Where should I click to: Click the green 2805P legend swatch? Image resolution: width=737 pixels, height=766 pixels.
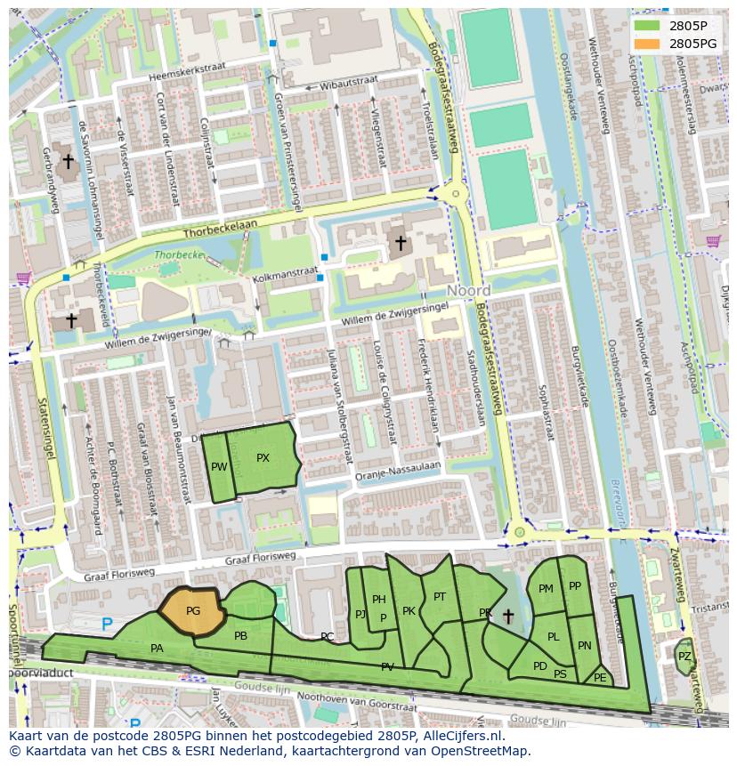pos(645,26)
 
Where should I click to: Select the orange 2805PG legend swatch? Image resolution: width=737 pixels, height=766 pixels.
pos(645,43)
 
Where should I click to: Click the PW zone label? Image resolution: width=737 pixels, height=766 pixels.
pos(219,466)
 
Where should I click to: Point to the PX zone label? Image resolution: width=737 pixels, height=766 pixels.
pos(263,458)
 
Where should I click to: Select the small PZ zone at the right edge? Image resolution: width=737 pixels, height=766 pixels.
pos(684,657)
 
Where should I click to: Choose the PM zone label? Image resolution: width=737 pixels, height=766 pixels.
pos(546,589)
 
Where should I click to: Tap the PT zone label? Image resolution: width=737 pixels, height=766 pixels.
pos(439,597)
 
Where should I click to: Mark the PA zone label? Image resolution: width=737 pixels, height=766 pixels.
pos(157,649)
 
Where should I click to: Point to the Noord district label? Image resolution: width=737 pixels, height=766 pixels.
pos(468,291)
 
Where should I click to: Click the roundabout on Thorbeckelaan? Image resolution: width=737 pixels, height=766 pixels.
pos(457,192)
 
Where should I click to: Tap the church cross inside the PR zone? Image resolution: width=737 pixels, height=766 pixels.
pos(508,616)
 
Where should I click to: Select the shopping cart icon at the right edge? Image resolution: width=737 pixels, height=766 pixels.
pos(712,240)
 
